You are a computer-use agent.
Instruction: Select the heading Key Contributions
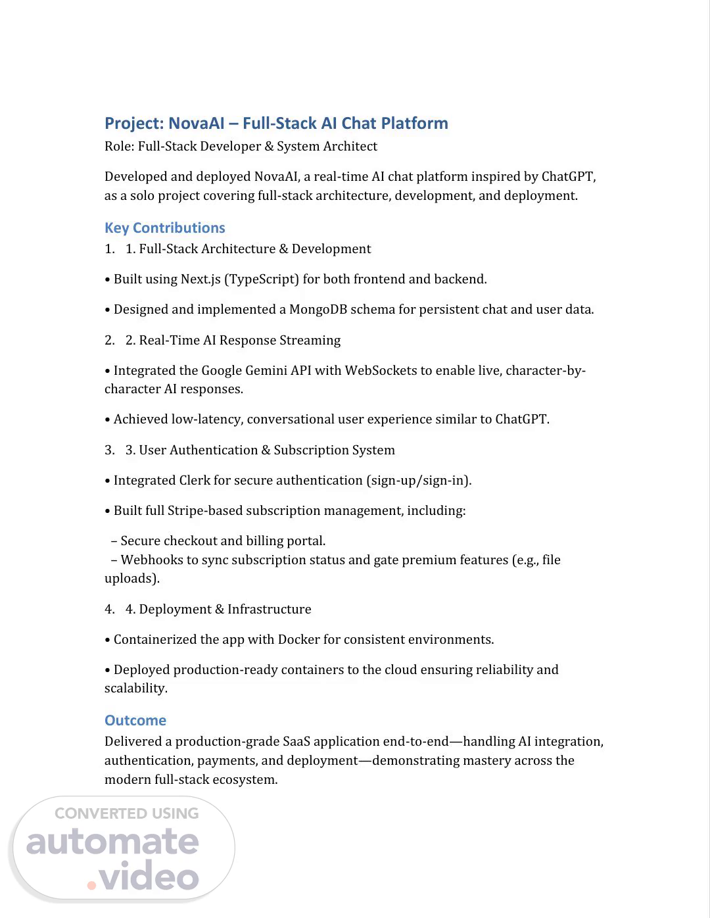(x=164, y=228)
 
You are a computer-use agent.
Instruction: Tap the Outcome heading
(x=135, y=721)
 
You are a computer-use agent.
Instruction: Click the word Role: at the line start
(x=119, y=147)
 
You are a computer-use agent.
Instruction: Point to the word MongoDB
(x=318, y=310)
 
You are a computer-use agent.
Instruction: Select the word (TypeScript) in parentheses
(x=262, y=279)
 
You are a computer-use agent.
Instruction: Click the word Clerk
(x=195, y=481)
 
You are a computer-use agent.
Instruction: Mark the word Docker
(x=298, y=640)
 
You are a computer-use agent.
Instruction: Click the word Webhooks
(x=151, y=560)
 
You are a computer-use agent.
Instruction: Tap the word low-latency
(x=206, y=420)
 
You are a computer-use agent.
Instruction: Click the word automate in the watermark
(x=112, y=843)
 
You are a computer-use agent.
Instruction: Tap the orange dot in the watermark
(x=91, y=885)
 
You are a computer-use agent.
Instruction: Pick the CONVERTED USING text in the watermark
(x=126, y=813)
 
